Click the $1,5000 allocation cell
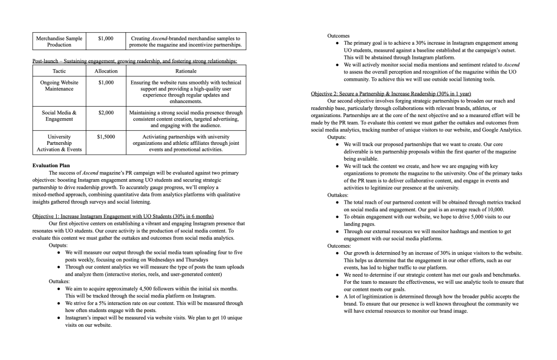(106, 137)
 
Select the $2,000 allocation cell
(106, 113)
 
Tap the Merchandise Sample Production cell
(59, 41)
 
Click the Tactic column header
(59, 71)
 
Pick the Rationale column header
(186, 71)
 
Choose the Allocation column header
(106, 71)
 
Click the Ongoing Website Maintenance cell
(59, 86)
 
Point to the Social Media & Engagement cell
(59, 116)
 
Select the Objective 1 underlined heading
(123, 216)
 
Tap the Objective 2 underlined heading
(391, 94)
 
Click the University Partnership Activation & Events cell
(59, 143)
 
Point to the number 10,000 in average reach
(493, 209)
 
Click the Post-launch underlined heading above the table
(134, 60)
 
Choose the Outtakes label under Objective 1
(60, 282)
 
